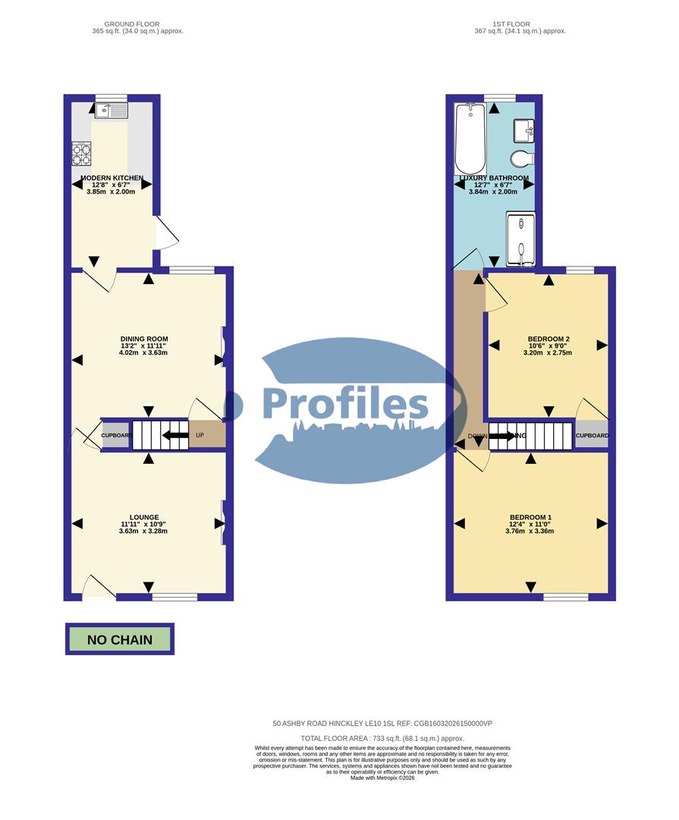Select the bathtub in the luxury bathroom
coord(470,139)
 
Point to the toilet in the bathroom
coord(523,159)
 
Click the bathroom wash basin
coord(524,130)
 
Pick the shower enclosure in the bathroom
coord(520,238)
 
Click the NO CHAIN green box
coord(120,639)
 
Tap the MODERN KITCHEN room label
coord(112,178)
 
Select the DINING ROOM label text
coord(144,339)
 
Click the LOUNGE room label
coord(144,517)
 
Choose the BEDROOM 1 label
coord(530,517)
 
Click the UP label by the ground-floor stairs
coord(200,436)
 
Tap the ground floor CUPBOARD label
coord(117,436)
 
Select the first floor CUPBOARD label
coord(592,436)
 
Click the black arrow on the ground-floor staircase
coord(175,436)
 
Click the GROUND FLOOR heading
coord(132,24)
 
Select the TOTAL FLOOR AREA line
coord(382,738)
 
